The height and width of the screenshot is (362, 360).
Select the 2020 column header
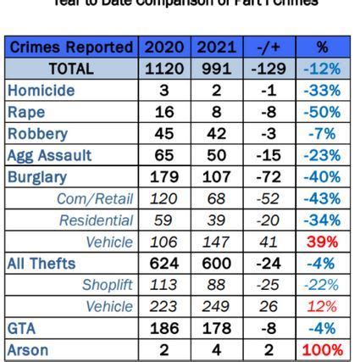click(x=164, y=47)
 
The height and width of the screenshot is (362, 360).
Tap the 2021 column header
click(x=216, y=47)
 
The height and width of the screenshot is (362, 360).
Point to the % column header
click(x=322, y=47)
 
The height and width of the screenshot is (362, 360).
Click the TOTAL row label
click(x=71, y=69)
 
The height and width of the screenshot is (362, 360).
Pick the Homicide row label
click(x=41, y=91)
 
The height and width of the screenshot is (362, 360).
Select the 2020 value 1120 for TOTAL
click(x=164, y=69)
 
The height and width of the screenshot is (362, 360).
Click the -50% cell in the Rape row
click(x=322, y=112)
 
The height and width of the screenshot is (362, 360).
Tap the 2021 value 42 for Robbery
click(x=216, y=134)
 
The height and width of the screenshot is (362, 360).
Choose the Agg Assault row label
click(x=49, y=156)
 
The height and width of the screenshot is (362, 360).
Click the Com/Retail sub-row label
click(x=95, y=199)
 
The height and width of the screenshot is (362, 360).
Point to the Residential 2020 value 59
click(x=164, y=220)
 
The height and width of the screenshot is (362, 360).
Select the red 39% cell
click(x=322, y=242)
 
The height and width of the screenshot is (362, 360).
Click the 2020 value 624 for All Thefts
click(x=164, y=264)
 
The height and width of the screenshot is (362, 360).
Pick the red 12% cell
click(x=322, y=307)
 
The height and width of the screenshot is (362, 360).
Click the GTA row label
click(x=22, y=329)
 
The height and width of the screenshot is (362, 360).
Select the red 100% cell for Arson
click(x=322, y=350)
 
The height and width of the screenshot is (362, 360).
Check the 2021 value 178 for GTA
click(x=216, y=329)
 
